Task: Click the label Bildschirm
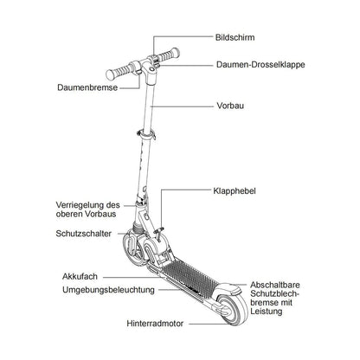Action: tap(235, 37)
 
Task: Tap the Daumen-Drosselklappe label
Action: tap(260, 64)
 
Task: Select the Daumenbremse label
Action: tap(87, 87)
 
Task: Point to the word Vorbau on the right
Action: tap(230, 106)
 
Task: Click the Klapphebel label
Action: tap(235, 191)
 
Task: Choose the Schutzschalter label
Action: tap(83, 234)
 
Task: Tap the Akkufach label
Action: tap(80, 276)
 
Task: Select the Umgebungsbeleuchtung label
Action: tap(108, 290)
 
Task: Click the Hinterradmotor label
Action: tap(155, 324)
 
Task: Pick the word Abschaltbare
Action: tap(275, 285)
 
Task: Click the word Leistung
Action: tap(267, 312)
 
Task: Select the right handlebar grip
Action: tap(169, 55)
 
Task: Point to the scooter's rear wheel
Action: tap(232, 310)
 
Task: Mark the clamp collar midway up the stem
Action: tap(146, 134)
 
